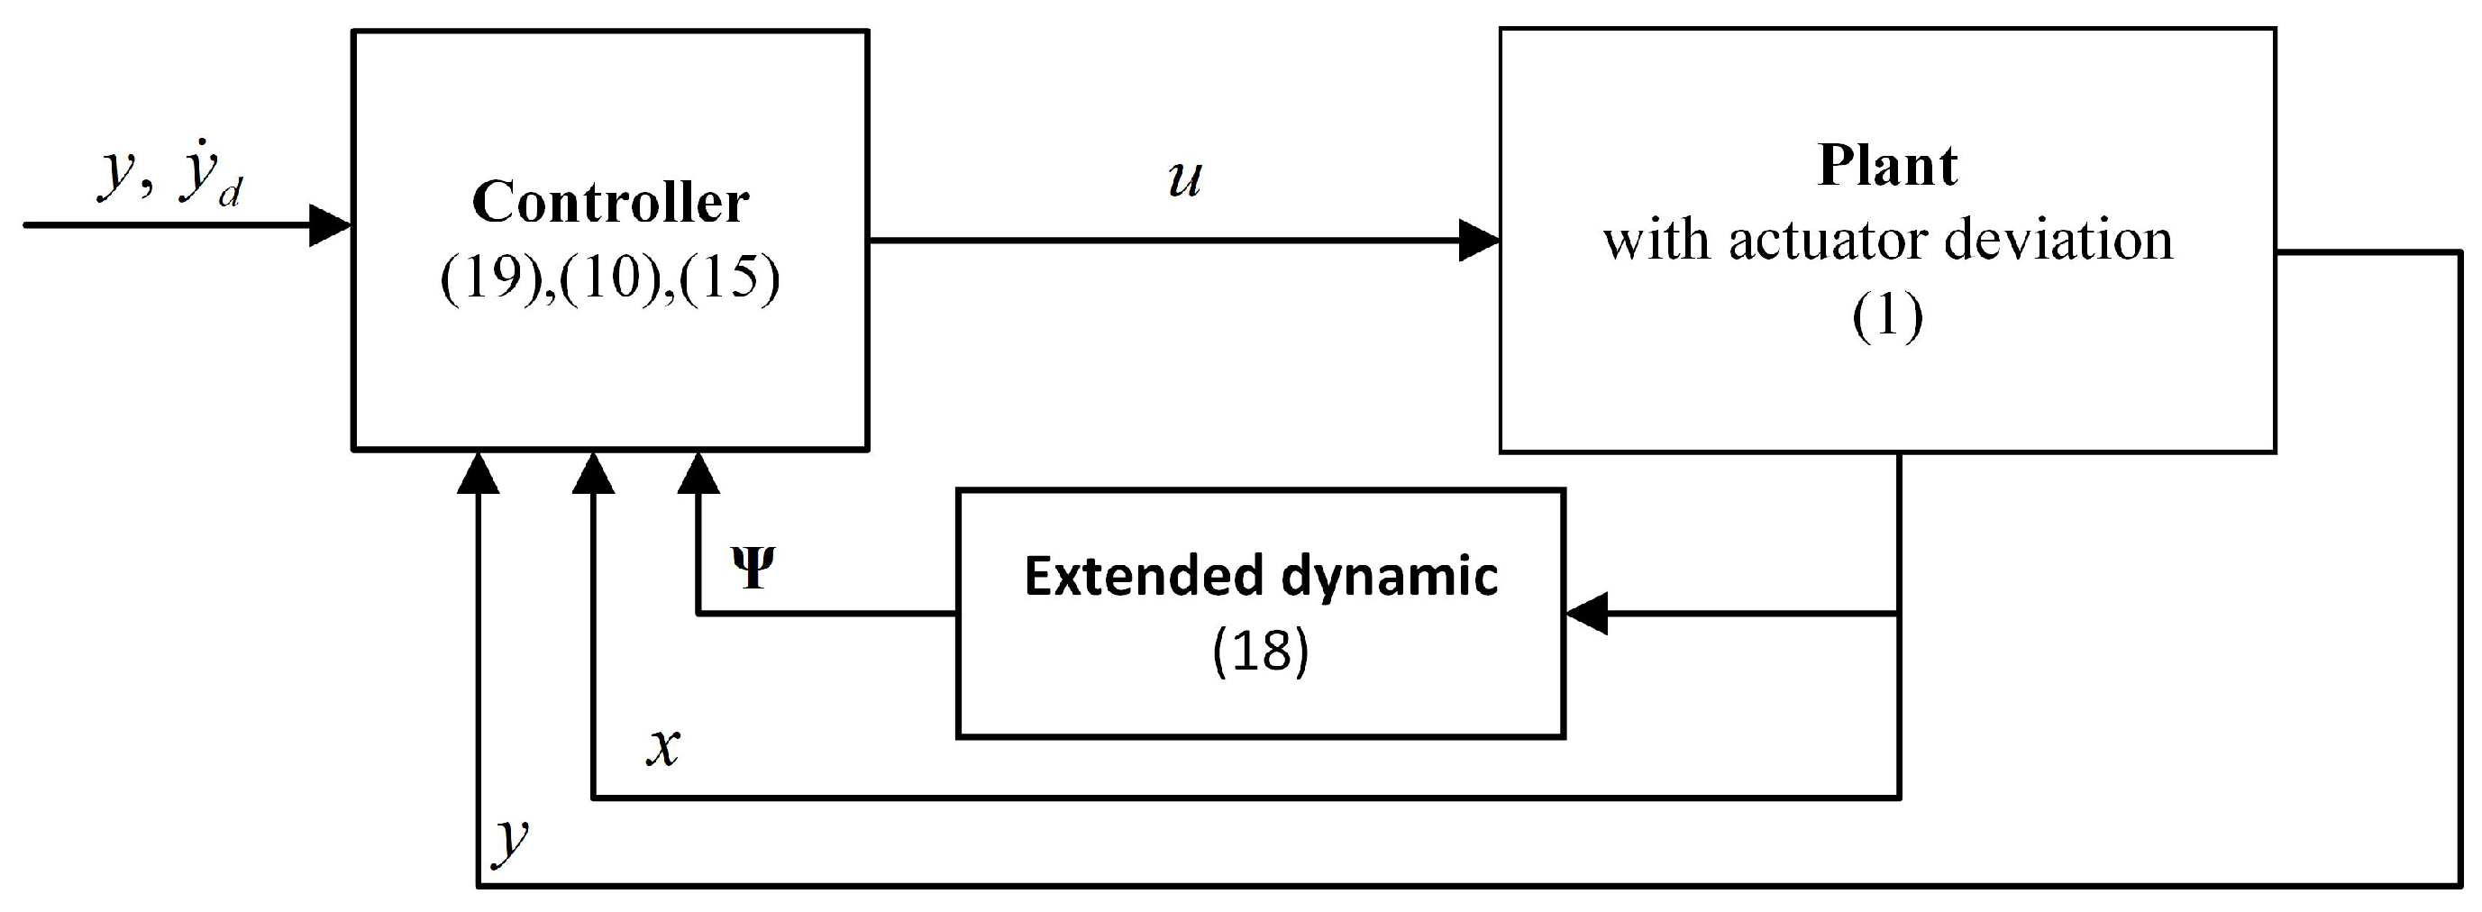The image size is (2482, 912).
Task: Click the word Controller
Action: pyautogui.click(x=610, y=202)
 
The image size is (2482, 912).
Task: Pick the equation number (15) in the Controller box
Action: pyautogui.click(x=729, y=279)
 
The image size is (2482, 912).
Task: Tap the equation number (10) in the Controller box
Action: pyautogui.click(x=611, y=279)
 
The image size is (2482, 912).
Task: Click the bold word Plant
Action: pyautogui.click(x=1886, y=166)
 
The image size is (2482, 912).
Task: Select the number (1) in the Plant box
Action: pyautogui.click(x=1886, y=316)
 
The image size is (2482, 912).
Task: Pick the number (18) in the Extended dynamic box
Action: pyautogui.click(x=1260, y=651)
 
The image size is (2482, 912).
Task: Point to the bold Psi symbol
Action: pyautogui.click(x=753, y=568)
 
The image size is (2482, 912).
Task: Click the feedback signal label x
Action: pyautogui.click(x=663, y=746)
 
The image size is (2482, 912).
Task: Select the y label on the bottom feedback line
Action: pyautogui.click(x=511, y=838)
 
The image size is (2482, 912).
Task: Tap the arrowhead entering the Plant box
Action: pyautogui.click(x=1479, y=241)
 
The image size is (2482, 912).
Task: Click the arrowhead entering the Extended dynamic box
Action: pyautogui.click(x=1587, y=614)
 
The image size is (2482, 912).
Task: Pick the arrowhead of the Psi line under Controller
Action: pyautogui.click(x=698, y=474)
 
